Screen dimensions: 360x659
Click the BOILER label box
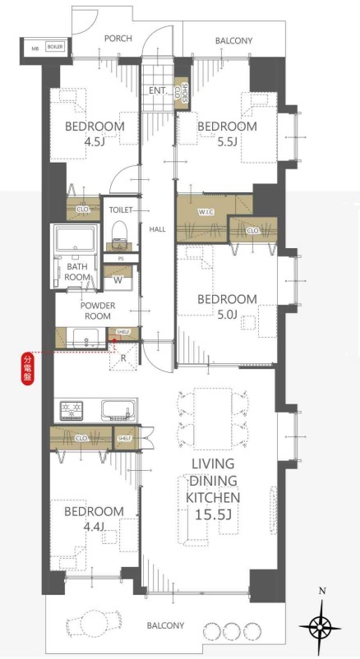click(x=55, y=47)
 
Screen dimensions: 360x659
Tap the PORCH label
click(x=118, y=39)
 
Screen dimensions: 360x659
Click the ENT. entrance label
click(x=159, y=90)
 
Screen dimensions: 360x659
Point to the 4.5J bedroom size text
click(x=95, y=141)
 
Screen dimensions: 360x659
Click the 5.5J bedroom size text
click(x=227, y=141)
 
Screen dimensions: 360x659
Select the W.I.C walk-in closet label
click(x=206, y=212)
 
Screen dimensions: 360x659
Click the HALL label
click(x=158, y=229)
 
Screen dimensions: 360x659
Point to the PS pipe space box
click(x=121, y=259)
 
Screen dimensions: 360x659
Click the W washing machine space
click(x=118, y=280)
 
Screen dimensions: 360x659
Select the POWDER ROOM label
click(x=98, y=311)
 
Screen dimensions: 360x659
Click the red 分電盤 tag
click(x=27, y=369)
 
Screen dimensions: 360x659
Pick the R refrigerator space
click(x=123, y=357)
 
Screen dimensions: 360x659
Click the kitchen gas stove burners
click(x=72, y=411)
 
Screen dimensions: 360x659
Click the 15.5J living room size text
click(x=213, y=514)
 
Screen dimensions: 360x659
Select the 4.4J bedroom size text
click(x=95, y=527)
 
